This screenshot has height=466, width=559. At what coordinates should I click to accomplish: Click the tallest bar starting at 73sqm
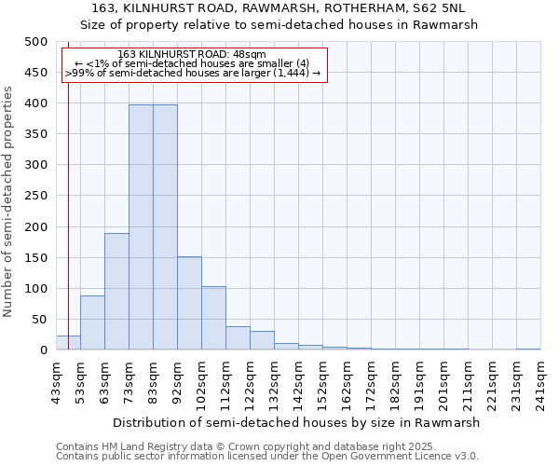coord(141,227)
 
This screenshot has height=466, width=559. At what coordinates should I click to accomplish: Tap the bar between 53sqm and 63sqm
coord(92,322)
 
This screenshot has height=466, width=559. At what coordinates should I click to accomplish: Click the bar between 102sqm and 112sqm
coord(213,318)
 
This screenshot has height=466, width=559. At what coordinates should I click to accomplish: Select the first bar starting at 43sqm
coord(68,342)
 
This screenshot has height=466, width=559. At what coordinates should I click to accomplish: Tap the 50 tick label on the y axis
coord(39,320)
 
